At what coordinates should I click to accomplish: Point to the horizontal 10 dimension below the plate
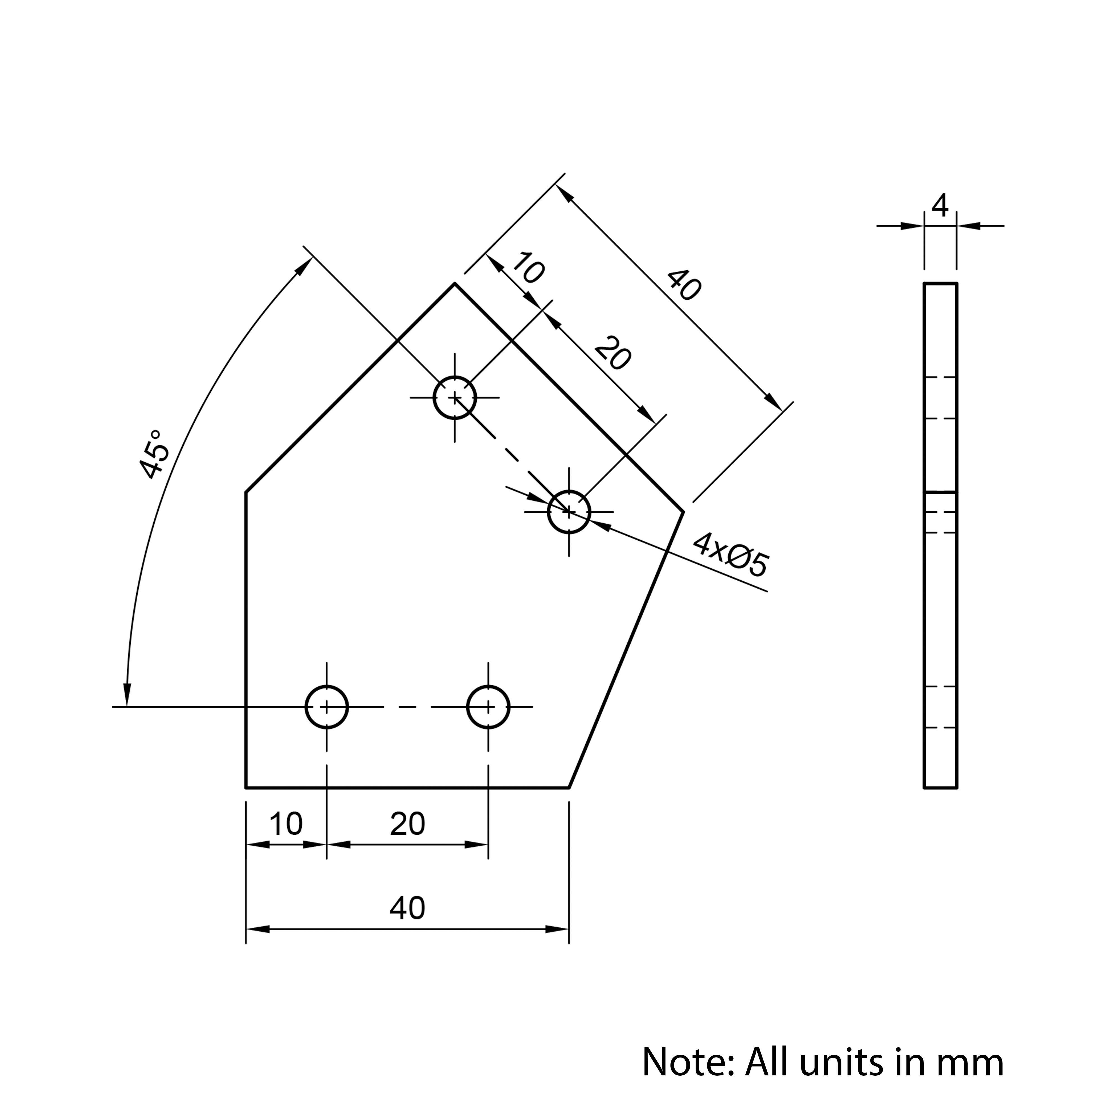pos(286,824)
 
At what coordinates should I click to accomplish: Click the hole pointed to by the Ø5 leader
pos(569,512)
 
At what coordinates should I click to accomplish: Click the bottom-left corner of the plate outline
pos(246,787)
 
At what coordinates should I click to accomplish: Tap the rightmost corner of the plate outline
pos(683,512)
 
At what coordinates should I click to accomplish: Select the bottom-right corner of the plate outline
pos(569,787)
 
